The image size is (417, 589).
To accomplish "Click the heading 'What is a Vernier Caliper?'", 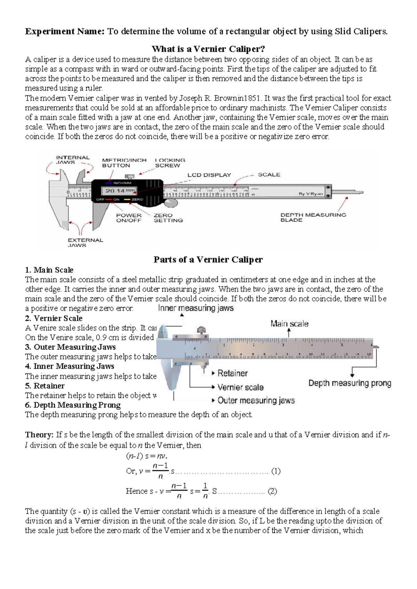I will coord(208,49).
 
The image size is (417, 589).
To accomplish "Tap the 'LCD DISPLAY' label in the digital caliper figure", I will coord(209,175).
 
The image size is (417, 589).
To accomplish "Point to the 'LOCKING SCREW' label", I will coord(170,163).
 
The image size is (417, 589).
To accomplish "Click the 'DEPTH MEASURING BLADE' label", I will coord(313,217).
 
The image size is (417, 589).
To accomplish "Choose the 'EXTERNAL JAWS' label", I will coord(85,242).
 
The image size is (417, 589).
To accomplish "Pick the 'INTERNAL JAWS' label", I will coord(73,160).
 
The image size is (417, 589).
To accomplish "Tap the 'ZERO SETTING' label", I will coord(168,218).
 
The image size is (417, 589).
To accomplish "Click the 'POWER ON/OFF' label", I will coord(129,218).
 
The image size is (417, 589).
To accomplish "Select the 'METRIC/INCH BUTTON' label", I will coord(124,163).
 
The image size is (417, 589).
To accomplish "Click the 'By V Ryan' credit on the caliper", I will coord(311,194).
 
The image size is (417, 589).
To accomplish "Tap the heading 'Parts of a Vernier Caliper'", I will coord(208,259).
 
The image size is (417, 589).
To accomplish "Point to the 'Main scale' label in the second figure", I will coord(289,324).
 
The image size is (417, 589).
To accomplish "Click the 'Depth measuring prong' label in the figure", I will coord(350,383).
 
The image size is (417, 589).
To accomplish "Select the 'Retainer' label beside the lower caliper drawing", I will coord(232,373).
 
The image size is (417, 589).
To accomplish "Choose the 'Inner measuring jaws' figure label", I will coord(196,308).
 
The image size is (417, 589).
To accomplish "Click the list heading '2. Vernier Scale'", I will coord(54,318).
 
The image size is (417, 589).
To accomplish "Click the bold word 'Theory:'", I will coord(39,435).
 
